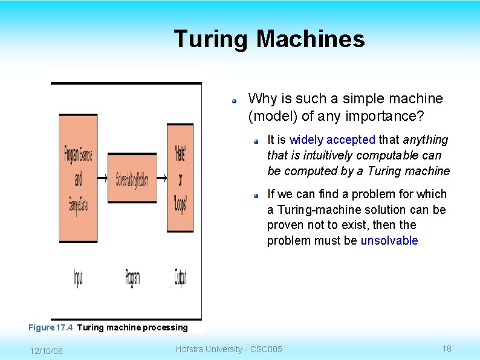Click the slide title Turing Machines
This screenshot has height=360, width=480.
click(269, 39)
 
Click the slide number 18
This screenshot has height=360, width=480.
click(447, 349)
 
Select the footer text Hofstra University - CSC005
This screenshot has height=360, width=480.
click(229, 349)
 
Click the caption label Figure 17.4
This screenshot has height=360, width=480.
click(51, 327)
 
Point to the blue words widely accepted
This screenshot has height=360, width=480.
click(332, 140)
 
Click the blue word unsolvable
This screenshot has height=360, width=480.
click(389, 240)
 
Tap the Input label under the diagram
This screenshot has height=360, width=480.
click(78, 277)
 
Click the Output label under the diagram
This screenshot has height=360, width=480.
click(180, 277)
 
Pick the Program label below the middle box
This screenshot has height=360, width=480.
click(132, 277)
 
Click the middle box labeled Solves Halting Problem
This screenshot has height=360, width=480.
click(132, 179)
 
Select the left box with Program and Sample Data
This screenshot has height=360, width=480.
click(78, 179)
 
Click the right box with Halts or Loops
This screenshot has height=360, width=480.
click(180, 179)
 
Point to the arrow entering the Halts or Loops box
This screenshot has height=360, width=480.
click(161, 179)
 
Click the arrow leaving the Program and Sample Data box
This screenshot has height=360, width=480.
click(102, 179)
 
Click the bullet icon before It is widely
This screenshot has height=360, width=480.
click(256, 141)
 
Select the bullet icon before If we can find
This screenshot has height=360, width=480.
click(256, 195)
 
